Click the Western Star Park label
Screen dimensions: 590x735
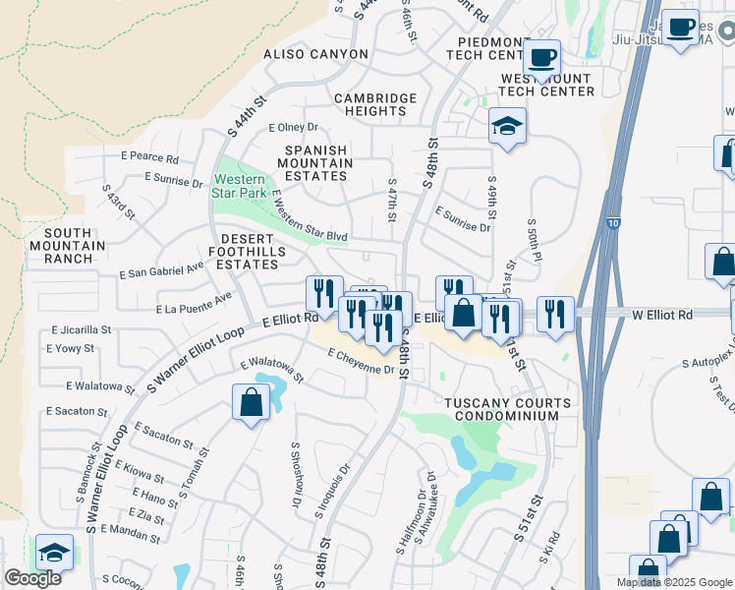coord(240,187)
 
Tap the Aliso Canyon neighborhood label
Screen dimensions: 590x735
coord(312,54)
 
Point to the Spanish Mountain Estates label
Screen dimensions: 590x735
coord(317,163)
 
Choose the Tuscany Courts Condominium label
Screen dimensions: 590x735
coord(507,410)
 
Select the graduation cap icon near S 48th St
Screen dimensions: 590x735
coord(507,126)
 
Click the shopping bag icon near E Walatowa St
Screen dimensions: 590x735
coord(252,401)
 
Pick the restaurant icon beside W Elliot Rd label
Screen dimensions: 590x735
coord(557,314)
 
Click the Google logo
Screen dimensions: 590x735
coord(32,578)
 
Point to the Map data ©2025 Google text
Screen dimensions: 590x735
coord(673,582)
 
